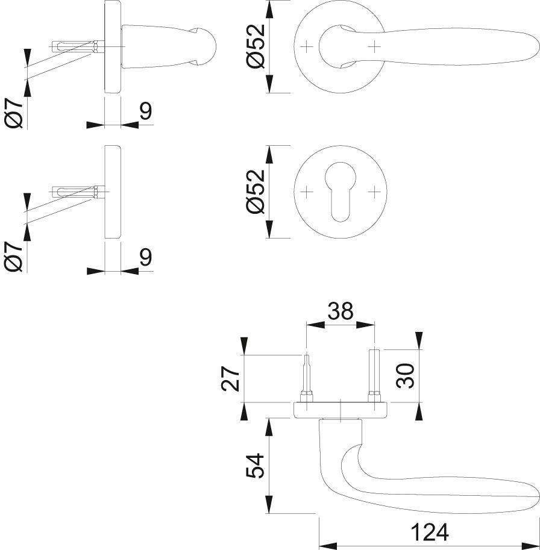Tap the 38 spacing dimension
click(340, 311)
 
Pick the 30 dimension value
click(405, 375)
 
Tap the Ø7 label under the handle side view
click(15, 111)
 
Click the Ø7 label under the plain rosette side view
click(15, 256)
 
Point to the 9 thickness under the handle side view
click(145, 112)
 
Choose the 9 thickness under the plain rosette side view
click(145, 257)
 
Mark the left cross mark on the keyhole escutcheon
click(307, 192)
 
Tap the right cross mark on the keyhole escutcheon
click(375, 192)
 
